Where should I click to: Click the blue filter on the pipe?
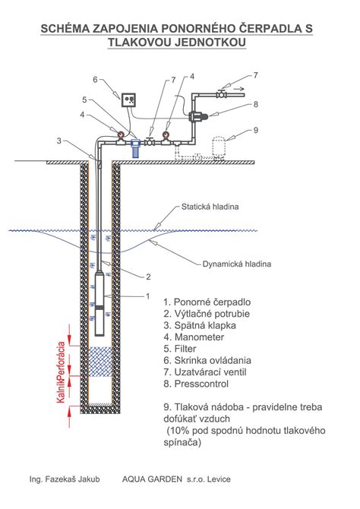pyautogui.click(x=135, y=147)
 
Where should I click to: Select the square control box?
pyautogui.click(x=128, y=100)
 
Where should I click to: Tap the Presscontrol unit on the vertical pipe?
pyautogui.click(x=197, y=115)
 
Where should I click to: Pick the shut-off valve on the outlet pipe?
pyautogui.click(x=222, y=94)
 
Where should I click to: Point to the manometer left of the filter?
pyautogui.click(x=120, y=137)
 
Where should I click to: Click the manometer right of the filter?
pyautogui.click(x=166, y=137)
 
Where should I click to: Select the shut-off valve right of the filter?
pyautogui.click(x=150, y=141)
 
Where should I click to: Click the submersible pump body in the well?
pyautogui.click(x=100, y=304)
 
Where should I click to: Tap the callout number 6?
pyautogui.click(x=95, y=80)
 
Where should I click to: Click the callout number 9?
pyautogui.click(x=256, y=130)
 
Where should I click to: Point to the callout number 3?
pyautogui.click(x=59, y=141)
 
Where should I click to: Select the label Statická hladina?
pyautogui.click(x=210, y=207)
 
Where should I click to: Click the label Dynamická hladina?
pyautogui.click(x=237, y=264)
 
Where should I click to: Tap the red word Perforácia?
pyautogui.click(x=62, y=359)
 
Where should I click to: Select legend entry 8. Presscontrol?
pyautogui.click(x=196, y=384)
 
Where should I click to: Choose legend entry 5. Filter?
pyautogui.click(x=180, y=349)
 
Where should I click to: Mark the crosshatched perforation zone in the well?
pyautogui.click(x=100, y=362)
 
